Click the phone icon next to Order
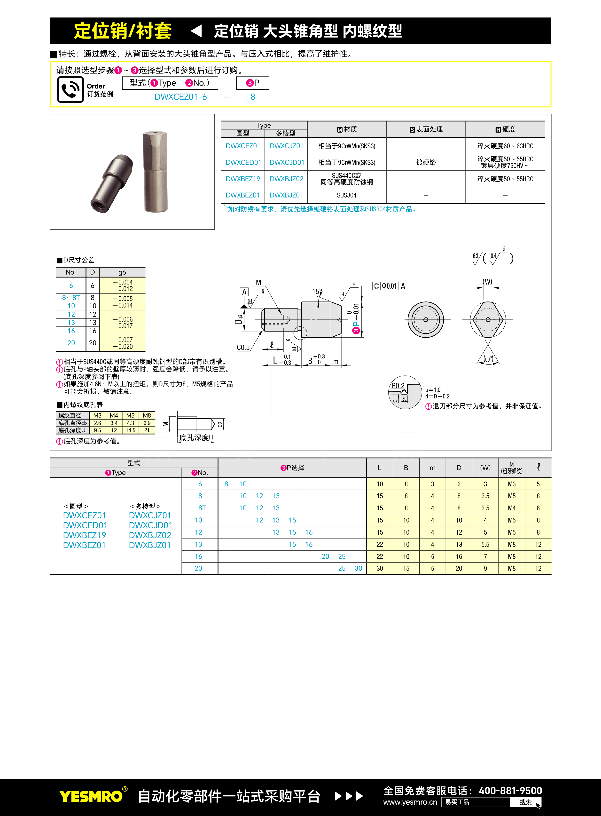tap(70, 89)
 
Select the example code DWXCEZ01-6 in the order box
tap(180, 97)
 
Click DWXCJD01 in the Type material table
tap(287, 162)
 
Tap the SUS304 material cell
tap(346, 195)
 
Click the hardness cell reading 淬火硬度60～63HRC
tap(505, 146)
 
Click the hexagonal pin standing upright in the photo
tap(155, 172)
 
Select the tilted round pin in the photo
tap(112, 183)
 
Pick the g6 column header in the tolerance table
tap(122, 272)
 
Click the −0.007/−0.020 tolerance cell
tap(123, 343)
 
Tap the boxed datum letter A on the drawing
tap(244, 292)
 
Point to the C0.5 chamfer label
tap(243, 348)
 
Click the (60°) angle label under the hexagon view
tap(488, 359)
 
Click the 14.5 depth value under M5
tap(130, 430)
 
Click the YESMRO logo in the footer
tap(91, 796)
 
